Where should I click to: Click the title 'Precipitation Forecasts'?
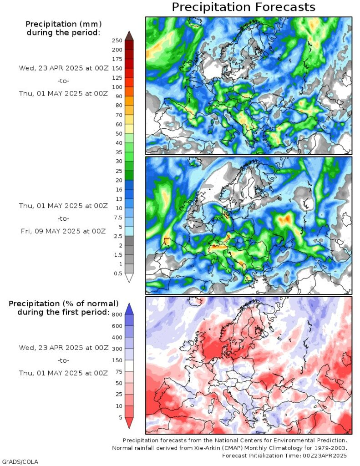[x=243, y=7]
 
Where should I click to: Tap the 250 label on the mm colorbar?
[x=117, y=41]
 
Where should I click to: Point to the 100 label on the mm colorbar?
[x=117, y=87]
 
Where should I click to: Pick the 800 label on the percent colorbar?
[x=117, y=314]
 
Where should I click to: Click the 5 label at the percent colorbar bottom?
[x=120, y=416]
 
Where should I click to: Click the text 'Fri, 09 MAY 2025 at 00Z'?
[x=62, y=231]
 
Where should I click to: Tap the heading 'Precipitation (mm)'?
[x=63, y=24]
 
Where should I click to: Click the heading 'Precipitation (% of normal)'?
[x=64, y=304]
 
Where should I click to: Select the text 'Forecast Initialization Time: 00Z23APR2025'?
[x=284, y=456]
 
